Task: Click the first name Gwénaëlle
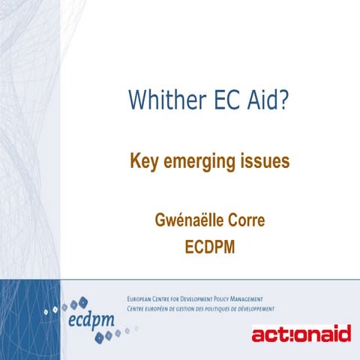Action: (x=186, y=223)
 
